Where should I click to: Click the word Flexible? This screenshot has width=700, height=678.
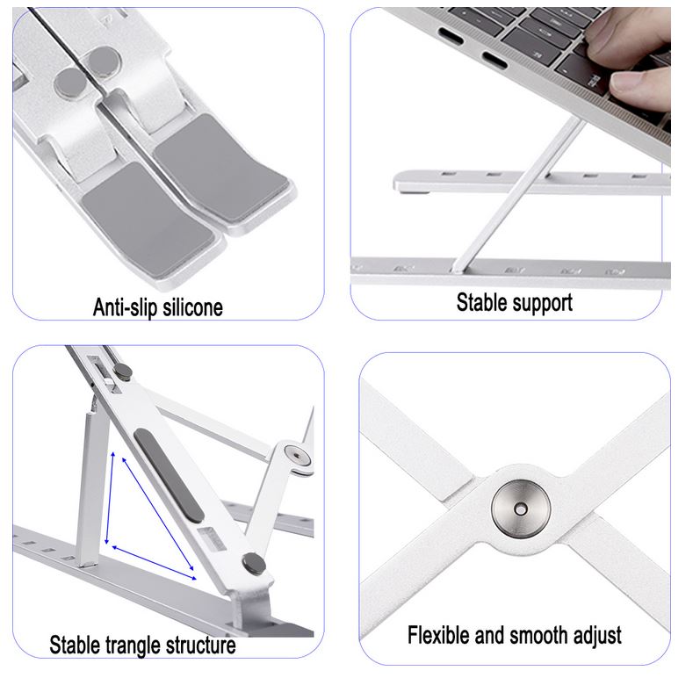click(439, 635)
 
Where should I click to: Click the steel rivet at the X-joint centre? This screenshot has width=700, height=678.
click(521, 508)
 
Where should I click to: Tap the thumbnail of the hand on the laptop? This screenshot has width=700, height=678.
click(624, 79)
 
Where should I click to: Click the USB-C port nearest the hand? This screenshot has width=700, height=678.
click(494, 60)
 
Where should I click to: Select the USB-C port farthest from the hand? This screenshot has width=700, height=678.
click(451, 36)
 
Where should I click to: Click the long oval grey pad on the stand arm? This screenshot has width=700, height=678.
click(170, 475)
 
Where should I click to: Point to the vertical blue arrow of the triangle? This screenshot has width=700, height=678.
click(110, 498)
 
